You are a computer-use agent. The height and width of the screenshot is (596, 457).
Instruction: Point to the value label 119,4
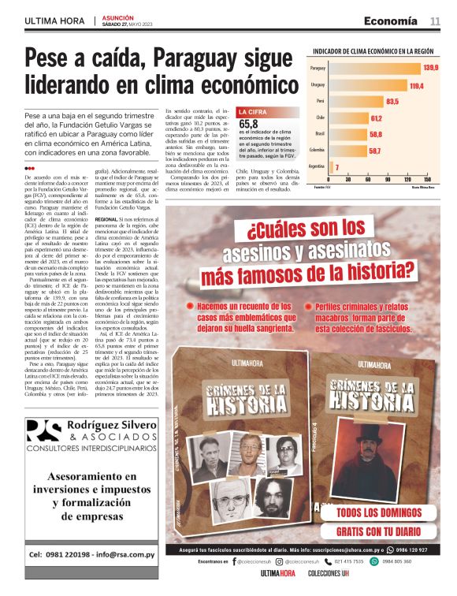coord(416,85)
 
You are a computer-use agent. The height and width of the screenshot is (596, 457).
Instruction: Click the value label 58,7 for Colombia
coord(374,151)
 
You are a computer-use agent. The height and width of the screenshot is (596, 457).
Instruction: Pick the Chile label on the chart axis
coord(320,117)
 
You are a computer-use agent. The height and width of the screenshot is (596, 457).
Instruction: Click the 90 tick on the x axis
coord(385,179)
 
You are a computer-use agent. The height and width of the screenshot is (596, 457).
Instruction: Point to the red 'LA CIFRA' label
coord(254,112)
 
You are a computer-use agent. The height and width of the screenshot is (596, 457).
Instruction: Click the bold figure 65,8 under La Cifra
coord(248,125)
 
